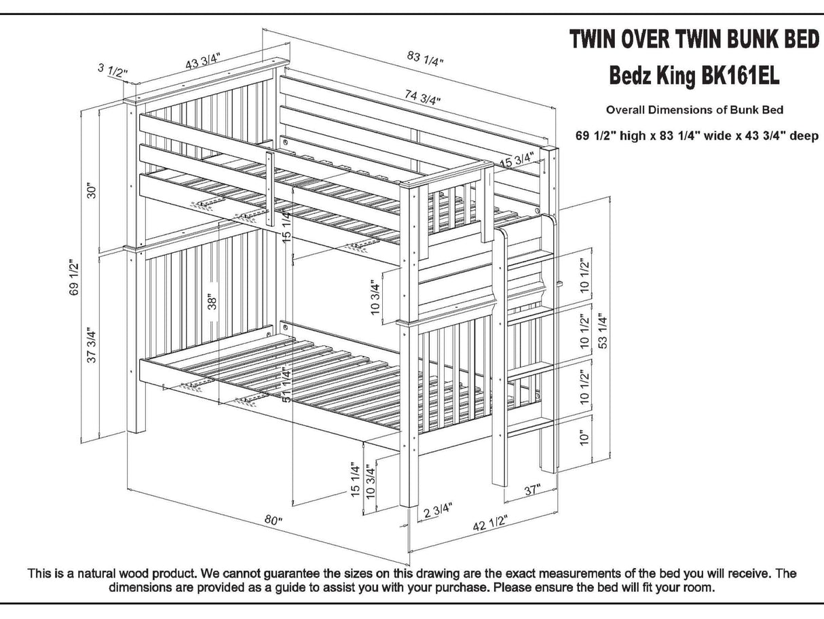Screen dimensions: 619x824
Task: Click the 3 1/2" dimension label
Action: click(x=111, y=69)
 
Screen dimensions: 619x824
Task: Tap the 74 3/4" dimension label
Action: click(x=422, y=96)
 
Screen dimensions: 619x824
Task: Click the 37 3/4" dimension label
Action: click(x=91, y=346)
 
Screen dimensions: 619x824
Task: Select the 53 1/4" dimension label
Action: click(x=603, y=331)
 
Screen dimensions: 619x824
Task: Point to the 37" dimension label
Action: click(x=532, y=489)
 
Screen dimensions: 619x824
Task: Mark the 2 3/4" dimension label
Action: click(x=438, y=511)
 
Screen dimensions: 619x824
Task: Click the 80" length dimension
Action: click(x=273, y=521)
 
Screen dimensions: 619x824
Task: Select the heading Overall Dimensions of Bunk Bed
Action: click(x=694, y=109)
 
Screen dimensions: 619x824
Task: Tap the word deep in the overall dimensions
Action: click(x=803, y=136)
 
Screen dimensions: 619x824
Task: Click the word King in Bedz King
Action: click(x=676, y=76)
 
